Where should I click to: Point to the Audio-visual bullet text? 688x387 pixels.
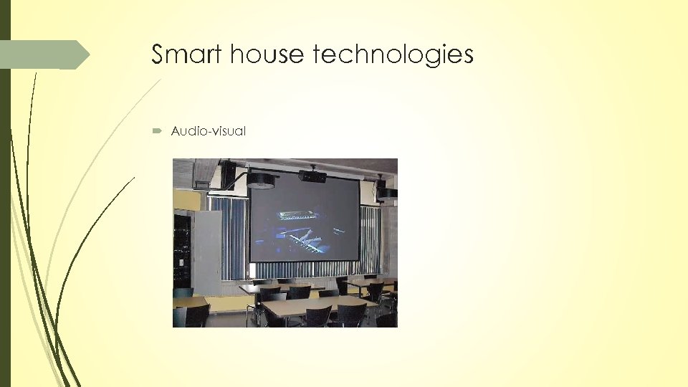[x=208, y=131]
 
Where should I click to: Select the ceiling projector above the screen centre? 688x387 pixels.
[x=313, y=176]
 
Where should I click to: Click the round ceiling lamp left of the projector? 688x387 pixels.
[x=261, y=180]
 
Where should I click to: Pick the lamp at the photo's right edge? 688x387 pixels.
[x=388, y=192]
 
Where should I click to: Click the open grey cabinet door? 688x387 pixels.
[x=208, y=251]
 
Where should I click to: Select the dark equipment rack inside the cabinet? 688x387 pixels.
[x=182, y=247]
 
